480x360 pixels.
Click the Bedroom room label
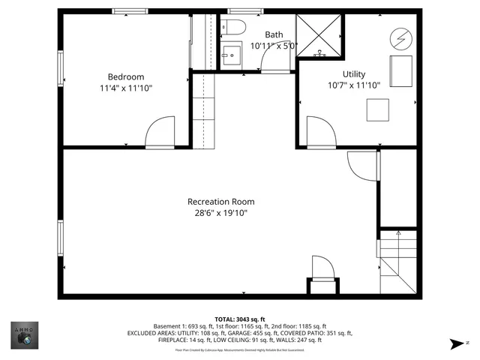pos(125,76)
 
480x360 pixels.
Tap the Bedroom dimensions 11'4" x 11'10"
pos(125,88)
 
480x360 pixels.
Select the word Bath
pos(274,34)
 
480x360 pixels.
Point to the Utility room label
pos(354,74)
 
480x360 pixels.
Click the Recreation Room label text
pos(220,202)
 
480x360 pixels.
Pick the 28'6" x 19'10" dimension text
pos(220,213)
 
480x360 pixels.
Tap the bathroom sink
pos(230,55)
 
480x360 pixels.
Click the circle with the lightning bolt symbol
pos(400,37)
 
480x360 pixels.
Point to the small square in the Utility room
pos(378,110)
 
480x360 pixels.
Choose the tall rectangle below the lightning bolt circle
pos(400,70)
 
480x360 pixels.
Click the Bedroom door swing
pos(159,133)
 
